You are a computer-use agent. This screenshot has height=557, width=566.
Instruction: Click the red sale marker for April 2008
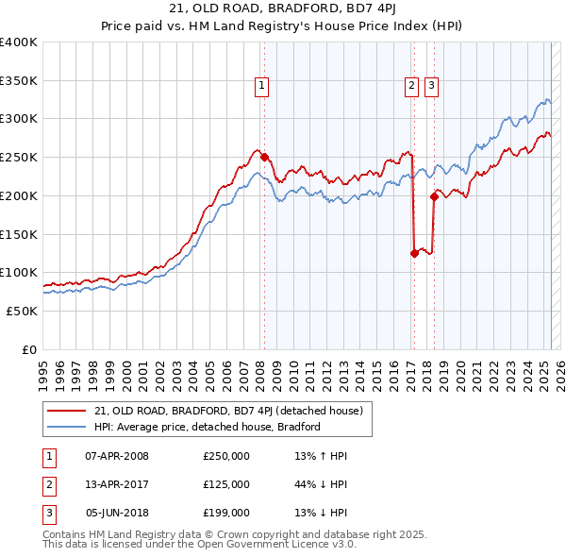tap(264, 158)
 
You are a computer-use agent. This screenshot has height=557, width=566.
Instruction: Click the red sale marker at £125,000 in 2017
tap(414, 253)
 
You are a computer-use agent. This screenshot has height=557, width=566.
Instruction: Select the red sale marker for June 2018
tap(434, 196)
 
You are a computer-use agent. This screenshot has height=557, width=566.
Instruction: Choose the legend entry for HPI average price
tap(208, 427)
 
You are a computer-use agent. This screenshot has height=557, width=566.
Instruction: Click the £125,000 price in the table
tap(225, 484)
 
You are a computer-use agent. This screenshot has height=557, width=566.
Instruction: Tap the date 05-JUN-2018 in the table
tap(117, 513)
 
